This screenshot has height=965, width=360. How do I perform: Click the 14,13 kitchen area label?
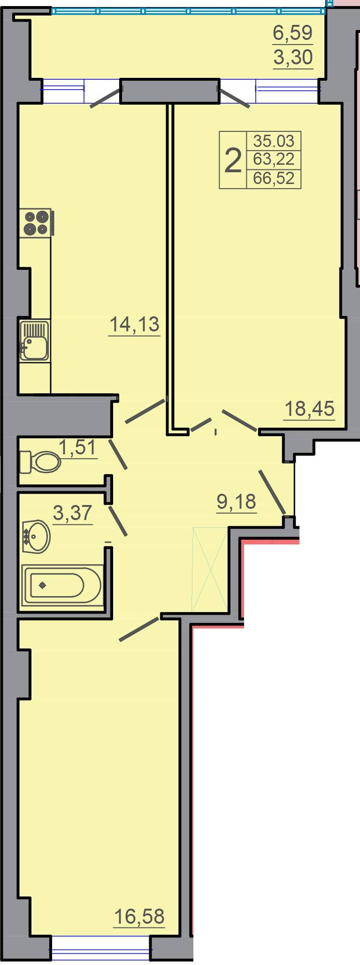[x=135, y=324]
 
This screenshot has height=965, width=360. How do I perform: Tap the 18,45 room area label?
[x=309, y=409]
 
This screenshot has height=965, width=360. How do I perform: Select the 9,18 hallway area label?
[x=237, y=502]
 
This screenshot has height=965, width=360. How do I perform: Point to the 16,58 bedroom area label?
[x=140, y=916]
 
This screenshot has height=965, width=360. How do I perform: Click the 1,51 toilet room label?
[x=77, y=447]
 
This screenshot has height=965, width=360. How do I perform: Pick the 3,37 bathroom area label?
[x=73, y=513]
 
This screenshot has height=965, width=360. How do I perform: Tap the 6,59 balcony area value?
[x=293, y=33]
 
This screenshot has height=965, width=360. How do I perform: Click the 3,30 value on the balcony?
[x=293, y=57]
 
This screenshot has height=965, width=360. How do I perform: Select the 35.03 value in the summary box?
[x=274, y=140]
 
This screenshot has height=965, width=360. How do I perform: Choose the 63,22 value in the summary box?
[x=274, y=160]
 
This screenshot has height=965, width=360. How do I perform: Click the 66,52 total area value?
[x=274, y=178]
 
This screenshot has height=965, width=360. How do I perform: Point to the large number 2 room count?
[x=233, y=160]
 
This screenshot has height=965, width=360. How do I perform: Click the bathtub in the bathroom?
[x=62, y=585]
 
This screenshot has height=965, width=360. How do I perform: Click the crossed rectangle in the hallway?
[x=210, y=569]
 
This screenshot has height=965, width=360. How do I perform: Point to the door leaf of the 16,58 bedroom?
[x=139, y=629]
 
